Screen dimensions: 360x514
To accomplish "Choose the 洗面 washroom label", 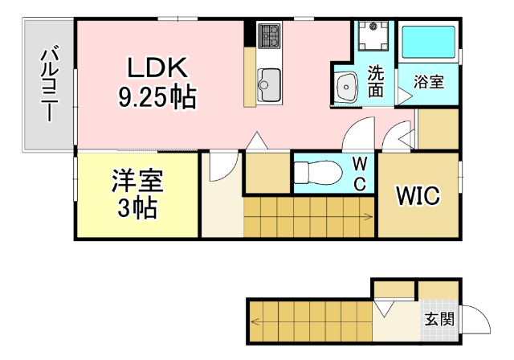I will click(375, 81).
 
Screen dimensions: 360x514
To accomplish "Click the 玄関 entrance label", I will click(439, 319).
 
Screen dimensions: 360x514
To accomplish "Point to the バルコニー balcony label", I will click(49, 84).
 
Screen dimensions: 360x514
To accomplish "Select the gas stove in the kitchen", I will click(267, 35).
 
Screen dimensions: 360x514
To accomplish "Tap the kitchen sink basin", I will click(268, 81).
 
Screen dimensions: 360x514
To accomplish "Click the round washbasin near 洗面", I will click(347, 84).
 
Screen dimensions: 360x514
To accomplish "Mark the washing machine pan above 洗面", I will click(373, 35).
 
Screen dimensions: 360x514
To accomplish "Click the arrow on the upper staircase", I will click(366, 216).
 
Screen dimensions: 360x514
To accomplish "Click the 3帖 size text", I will click(137, 209).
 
